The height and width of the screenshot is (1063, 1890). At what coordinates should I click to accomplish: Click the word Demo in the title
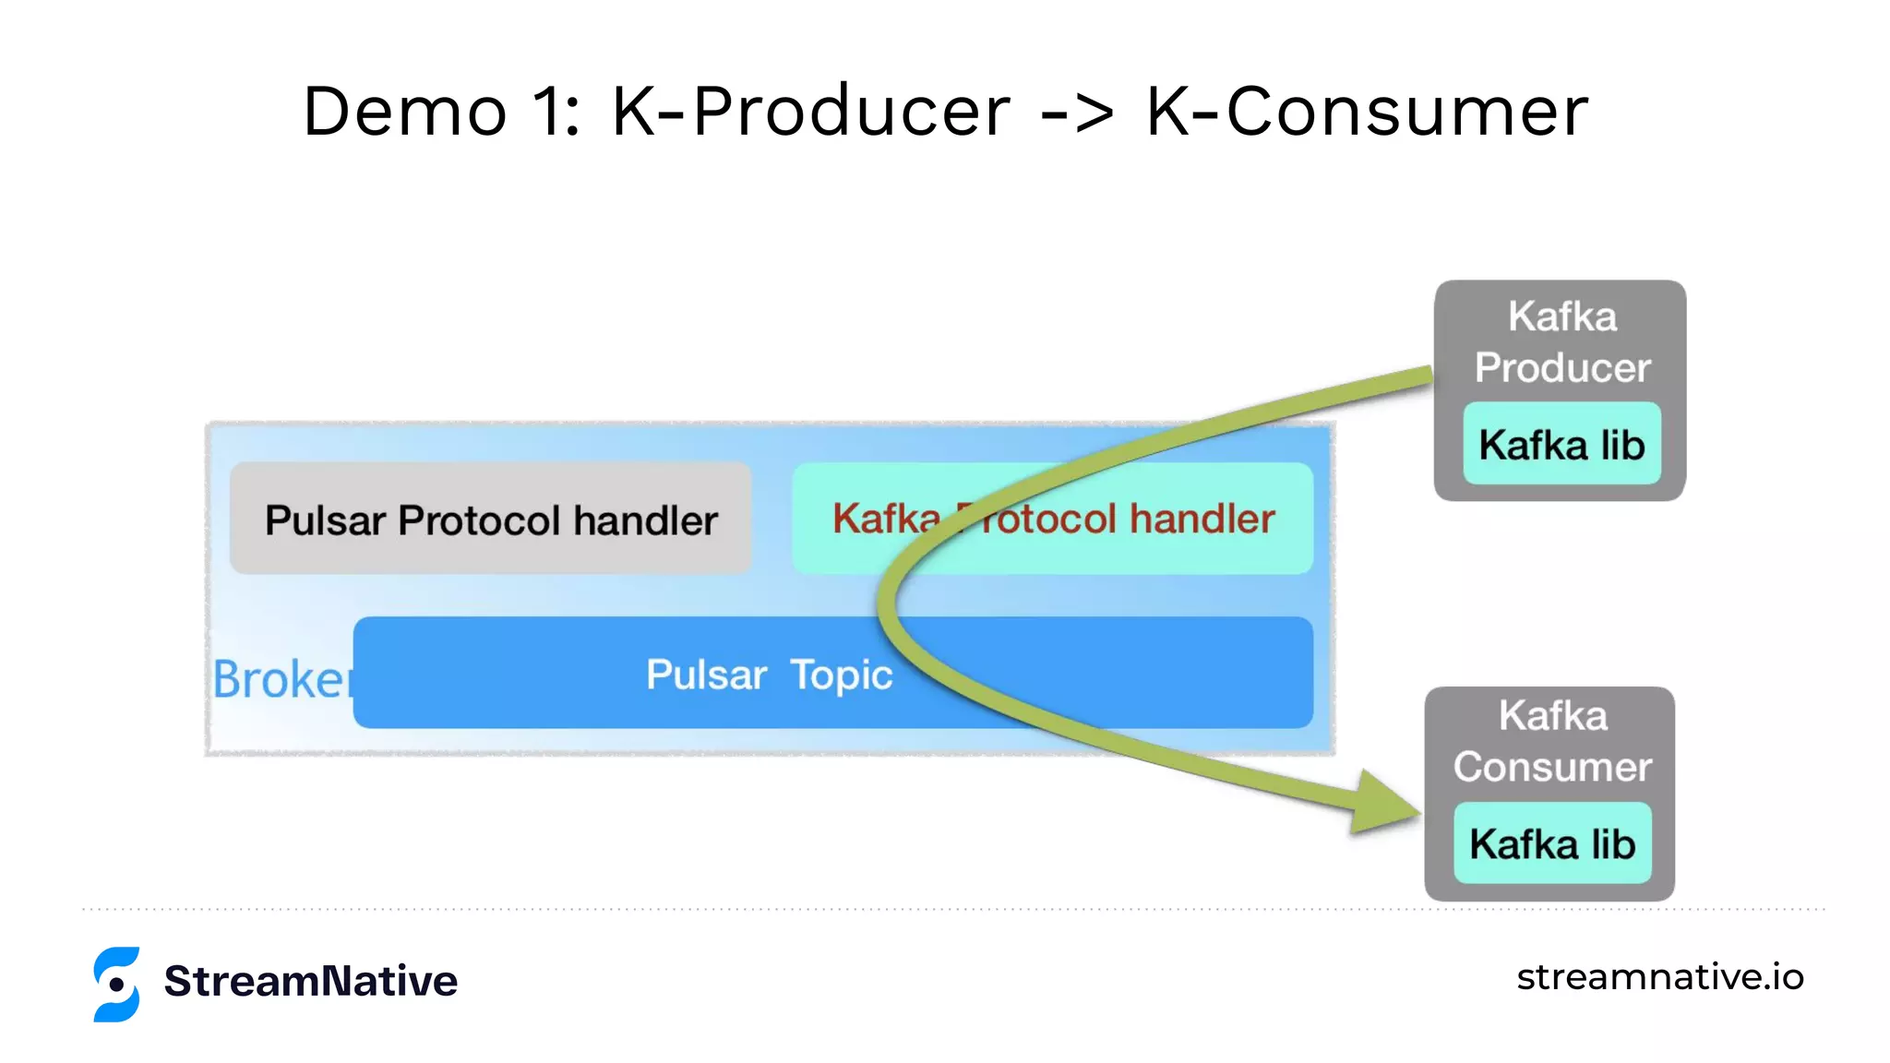pyautogui.click(x=405, y=112)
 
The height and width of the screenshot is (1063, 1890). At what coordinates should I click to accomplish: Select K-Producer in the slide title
pyautogui.click(x=811, y=112)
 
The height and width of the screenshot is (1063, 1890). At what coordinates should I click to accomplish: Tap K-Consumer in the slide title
pyautogui.click(x=1367, y=112)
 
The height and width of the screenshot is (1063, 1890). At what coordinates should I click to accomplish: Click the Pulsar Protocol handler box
pyautogui.click(x=490, y=520)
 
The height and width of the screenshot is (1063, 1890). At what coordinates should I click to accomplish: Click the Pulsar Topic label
pyautogui.click(x=769, y=675)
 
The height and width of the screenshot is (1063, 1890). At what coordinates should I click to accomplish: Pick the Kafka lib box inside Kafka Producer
pyautogui.click(x=1561, y=444)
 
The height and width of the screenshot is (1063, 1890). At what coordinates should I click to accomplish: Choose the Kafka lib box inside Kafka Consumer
pyautogui.click(x=1552, y=843)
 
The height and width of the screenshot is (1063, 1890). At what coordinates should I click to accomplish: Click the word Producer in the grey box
pyautogui.click(x=1561, y=367)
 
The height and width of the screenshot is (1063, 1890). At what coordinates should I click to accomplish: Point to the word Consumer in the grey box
pyautogui.click(x=1552, y=767)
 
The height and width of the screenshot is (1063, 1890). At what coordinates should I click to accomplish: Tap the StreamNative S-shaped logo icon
pyautogui.click(x=117, y=984)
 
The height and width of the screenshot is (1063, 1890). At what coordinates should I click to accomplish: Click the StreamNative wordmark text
pyautogui.click(x=310, y=981)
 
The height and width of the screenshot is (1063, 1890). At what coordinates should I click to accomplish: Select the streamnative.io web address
pyautogui.click(x=1659, y=976)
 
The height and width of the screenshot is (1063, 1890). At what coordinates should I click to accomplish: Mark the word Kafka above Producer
pyautogui.click(x=1562, y=317)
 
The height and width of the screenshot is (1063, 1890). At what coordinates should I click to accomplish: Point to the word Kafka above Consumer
pyautogui.click(x=1553, y=716)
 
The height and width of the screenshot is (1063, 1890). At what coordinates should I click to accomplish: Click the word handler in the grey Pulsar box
pyautogui.click(x=645, y=520)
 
